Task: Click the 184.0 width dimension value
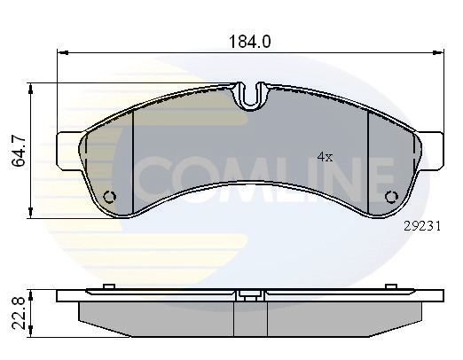[250, 42]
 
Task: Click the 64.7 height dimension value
[19, 151]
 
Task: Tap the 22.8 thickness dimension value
[19, 314]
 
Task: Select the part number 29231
[422, 226]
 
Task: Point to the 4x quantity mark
[325, 157]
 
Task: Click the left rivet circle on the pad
[110, 197]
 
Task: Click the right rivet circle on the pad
[392, 197]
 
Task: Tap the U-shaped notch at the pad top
[251, 96]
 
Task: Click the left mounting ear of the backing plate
[68, 152]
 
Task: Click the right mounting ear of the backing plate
[431, 152]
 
